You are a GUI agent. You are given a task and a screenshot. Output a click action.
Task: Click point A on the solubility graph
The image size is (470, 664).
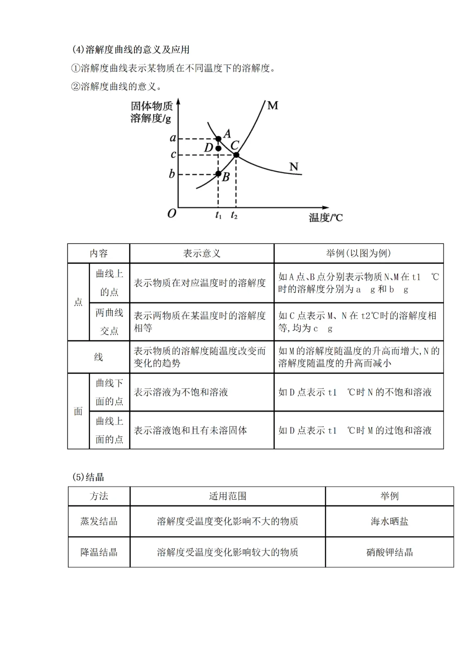(218, 139)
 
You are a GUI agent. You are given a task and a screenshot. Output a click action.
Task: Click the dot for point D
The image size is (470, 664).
(218, 148)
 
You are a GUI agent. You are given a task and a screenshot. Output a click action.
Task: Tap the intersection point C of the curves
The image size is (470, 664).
(236, 155)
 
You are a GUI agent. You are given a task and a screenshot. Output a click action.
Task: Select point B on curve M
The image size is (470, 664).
(218, 174)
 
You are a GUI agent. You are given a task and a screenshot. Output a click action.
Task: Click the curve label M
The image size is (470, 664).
(272, 106)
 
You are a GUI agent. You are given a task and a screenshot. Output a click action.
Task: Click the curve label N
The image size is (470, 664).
(294, 167)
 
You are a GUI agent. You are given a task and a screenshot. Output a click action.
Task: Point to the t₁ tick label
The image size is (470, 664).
(218, 215)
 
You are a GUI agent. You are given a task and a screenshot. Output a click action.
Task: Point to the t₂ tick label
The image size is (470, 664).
(234, 215)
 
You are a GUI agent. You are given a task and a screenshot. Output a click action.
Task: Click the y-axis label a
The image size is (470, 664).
(173, 138)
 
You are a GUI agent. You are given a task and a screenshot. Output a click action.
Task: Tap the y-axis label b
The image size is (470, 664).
(172, 174)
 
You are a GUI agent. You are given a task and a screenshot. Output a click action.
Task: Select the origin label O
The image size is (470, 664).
(172, 214)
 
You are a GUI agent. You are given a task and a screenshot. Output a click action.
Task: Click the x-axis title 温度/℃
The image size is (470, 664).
(326, 217)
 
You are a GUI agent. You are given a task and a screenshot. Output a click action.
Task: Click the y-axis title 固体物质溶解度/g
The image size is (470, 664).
(151, 112)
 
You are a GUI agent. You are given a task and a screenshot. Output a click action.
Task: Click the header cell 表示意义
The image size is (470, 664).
(201, 254)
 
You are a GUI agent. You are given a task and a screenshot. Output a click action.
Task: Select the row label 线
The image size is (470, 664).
(98, 357)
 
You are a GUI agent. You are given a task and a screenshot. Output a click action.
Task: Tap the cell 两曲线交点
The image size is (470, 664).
(109, 322)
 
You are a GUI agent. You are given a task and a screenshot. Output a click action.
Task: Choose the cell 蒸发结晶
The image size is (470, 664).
(99, 521)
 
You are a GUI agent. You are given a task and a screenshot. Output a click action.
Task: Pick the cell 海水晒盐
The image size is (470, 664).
(389, 521)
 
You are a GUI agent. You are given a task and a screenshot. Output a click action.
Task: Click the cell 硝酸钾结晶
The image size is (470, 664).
(389, 552)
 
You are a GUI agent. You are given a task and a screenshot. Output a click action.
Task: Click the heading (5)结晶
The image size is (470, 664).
(88, 477)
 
